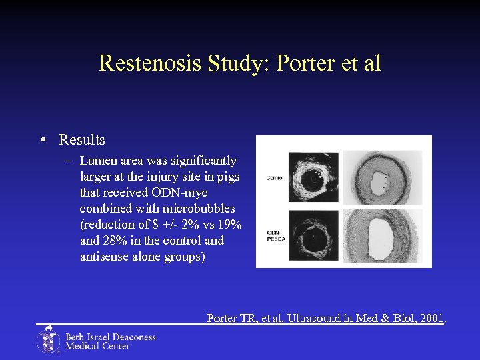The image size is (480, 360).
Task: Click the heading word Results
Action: point(82,140)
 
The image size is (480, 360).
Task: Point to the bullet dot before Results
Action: point(42,140)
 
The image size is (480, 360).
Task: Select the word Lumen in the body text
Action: point(97,161)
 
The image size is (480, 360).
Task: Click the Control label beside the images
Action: point(274,178)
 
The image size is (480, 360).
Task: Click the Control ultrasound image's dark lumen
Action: point(312,178)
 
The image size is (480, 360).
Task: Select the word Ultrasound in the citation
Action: point(303,319)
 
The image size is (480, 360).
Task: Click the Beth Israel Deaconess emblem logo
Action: point(47,340)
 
